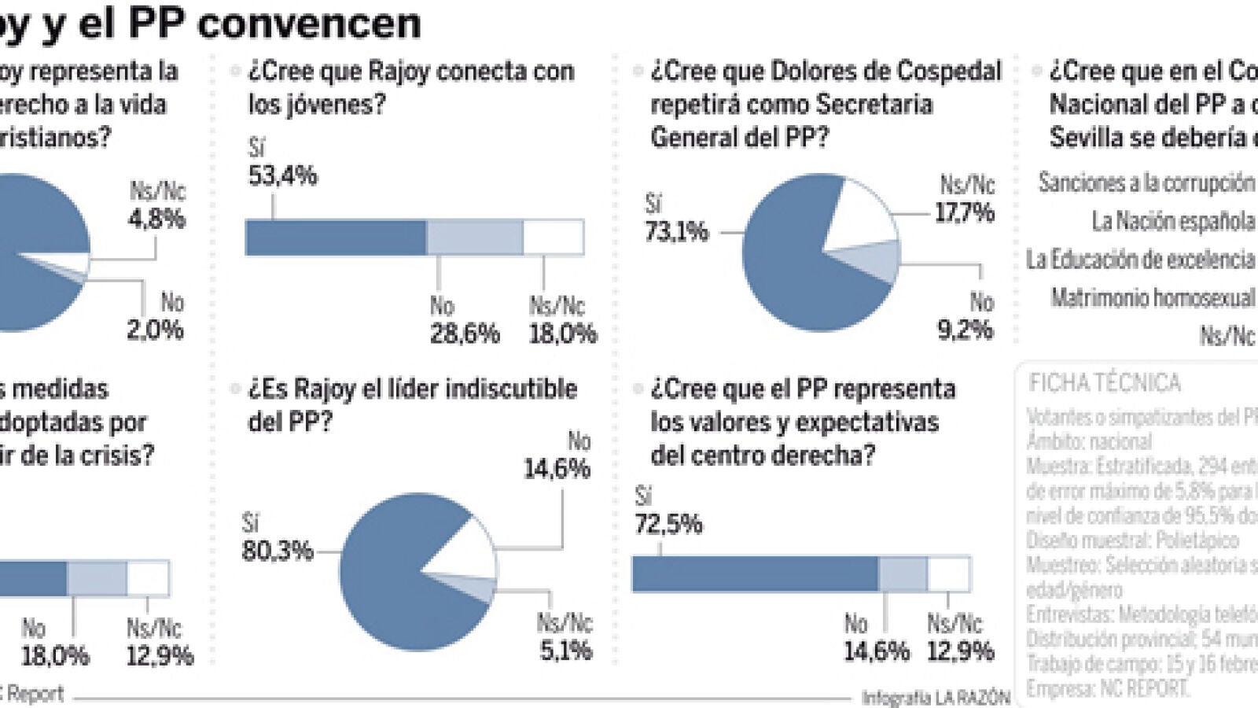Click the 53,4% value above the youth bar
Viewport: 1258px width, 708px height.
pos(282,175)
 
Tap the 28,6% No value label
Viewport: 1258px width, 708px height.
pos(464,334)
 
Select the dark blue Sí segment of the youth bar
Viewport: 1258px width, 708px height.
pos(336,238)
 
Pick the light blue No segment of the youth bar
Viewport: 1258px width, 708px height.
pos(474,238)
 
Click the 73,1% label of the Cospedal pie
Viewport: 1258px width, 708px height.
pos(676,231)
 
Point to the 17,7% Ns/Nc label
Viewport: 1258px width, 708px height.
pos(964,212)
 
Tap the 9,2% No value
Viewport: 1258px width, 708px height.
pos(965,330)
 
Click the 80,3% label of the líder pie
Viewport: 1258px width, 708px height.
pos(277,550)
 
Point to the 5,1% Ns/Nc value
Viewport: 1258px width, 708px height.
pos(565,651)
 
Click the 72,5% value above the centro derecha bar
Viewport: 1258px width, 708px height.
pos(668,524)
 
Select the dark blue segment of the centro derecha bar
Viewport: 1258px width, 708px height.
pos(755,574)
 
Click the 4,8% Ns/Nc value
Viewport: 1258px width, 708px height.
pos(156,219)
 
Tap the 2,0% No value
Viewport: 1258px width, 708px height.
pos(155,330)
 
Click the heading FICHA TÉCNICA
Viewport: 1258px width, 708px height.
pos(1104,383)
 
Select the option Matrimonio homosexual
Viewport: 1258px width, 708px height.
pos(1153,298)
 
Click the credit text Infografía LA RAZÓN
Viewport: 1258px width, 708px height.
pos(936,697)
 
